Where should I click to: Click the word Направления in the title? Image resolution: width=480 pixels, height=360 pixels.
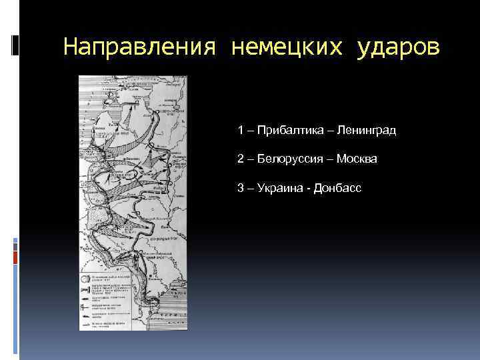(141, 47)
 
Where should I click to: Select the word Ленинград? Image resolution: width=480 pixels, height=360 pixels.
(367, 131)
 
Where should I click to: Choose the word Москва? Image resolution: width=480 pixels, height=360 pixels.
(357, 159)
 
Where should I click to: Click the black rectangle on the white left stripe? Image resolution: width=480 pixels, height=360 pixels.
(15, 45)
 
